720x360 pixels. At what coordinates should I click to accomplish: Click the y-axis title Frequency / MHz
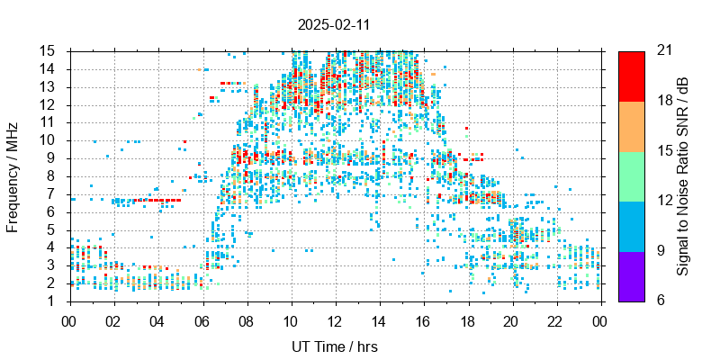[x=13, y=175]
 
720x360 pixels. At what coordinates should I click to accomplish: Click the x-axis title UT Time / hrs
[x=335, y=347]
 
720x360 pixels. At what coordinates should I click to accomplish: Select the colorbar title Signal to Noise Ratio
[x=684, y=175]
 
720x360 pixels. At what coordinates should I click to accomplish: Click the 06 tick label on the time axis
[x=202, y=319]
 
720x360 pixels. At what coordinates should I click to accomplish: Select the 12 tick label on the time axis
[x=335, y=319]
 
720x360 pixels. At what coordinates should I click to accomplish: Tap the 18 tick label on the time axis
[x=468, y=319]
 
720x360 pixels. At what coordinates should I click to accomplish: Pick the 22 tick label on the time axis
[x=556, y=319]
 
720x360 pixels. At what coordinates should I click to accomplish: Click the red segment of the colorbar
[x=631, y=76]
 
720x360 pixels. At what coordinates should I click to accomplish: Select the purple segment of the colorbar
[x=631, y=275]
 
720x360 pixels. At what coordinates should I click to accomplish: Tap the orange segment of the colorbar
[x=631, y=125]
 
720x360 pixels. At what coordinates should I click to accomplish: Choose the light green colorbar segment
[x=631, y=175]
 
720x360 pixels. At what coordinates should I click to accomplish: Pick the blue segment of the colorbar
[x=631, y=225]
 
